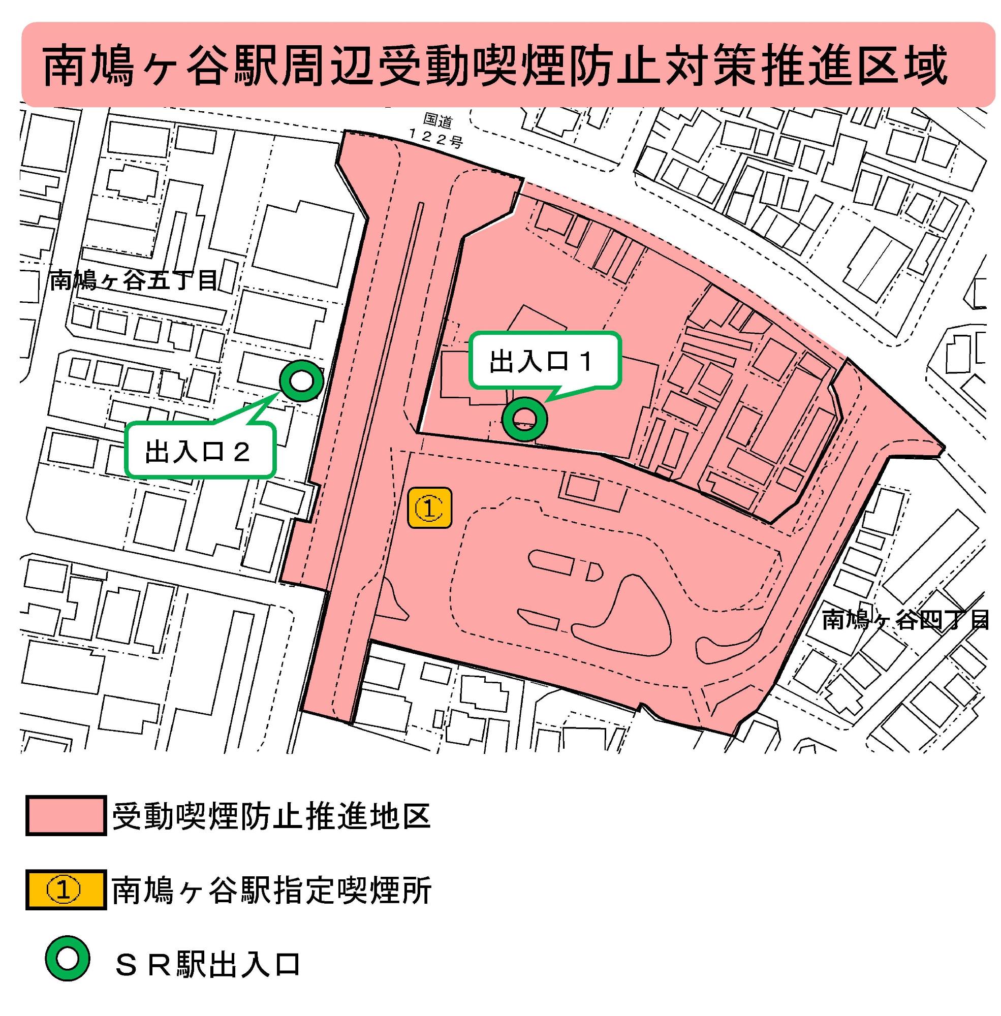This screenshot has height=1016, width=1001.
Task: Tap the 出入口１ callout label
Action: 542,362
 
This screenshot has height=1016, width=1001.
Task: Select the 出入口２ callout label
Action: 197,452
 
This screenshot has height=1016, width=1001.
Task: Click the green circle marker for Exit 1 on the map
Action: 525,418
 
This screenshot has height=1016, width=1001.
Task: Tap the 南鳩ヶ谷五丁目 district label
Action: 134,281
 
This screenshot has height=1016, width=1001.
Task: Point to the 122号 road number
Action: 436,139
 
